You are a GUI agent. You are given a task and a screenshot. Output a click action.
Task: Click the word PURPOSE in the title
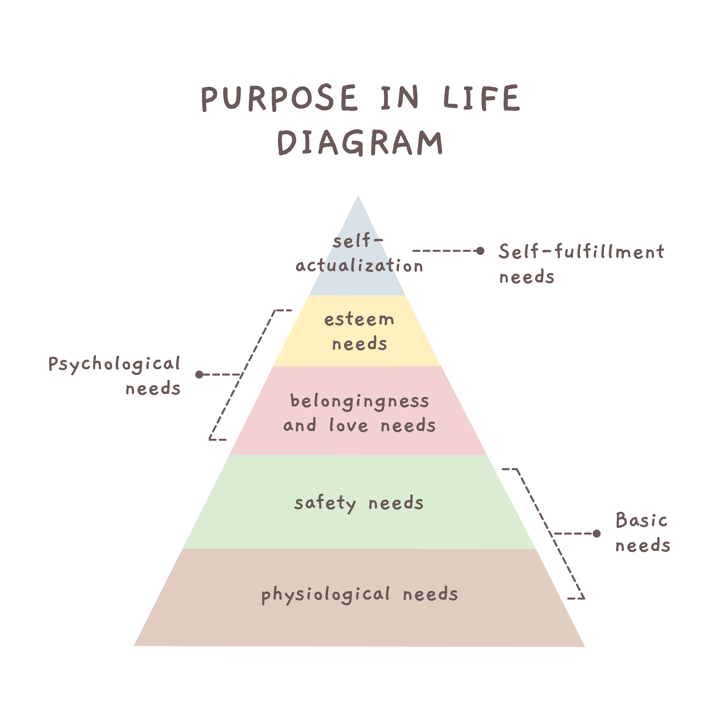[279, 98]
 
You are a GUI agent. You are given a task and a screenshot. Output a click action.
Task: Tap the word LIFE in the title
[482, 98]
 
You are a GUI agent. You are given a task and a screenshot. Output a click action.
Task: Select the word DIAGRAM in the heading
[360, 143]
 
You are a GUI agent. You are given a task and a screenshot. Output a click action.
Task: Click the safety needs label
[359, 503]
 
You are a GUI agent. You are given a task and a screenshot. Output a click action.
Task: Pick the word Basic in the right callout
[642, 520]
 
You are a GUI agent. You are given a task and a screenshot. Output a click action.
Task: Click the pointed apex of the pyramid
[358, 195]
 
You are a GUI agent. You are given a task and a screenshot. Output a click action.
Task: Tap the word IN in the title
[400, 98]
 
